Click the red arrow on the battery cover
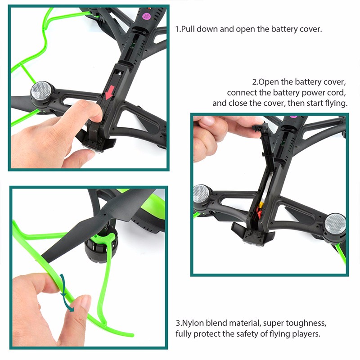[x=110, y=92]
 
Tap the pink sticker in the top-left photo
[x=146, y=16]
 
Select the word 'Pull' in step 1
[x=188, y=29]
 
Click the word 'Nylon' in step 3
[x=193, y=324]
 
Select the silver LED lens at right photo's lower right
[x=335, y=224]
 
